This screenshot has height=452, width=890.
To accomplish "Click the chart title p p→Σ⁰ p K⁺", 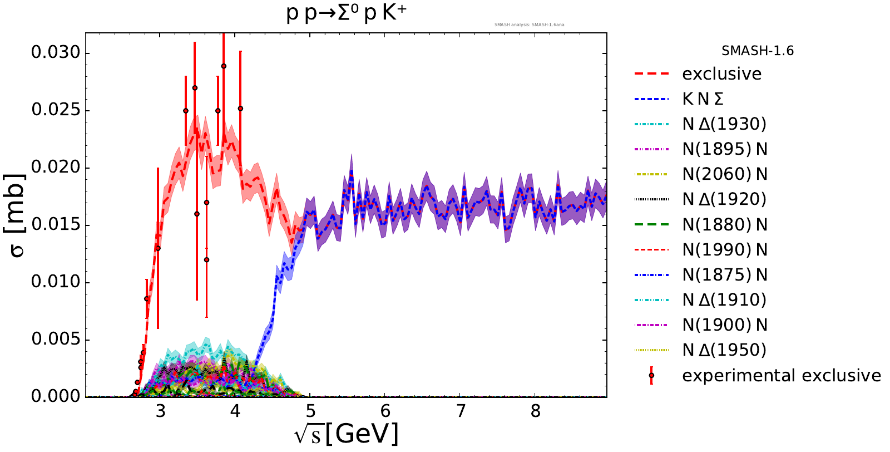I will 346,13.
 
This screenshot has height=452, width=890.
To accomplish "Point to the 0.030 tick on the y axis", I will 56,53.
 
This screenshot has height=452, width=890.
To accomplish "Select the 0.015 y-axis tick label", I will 56,225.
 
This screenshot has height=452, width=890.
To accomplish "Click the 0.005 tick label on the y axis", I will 56,340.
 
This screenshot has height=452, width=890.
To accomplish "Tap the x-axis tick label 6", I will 385,411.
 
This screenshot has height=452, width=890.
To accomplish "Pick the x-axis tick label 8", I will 535,411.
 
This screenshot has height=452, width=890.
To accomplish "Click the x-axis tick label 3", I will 160,411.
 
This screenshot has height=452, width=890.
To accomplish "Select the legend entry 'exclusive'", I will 721,74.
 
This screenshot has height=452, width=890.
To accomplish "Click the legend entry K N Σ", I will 703,99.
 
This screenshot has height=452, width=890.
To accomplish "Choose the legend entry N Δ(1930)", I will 724,124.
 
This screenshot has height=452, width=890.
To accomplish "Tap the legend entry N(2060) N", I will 725,174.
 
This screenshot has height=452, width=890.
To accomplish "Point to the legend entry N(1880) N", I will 725,224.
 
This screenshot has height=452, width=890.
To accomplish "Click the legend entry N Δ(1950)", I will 724,350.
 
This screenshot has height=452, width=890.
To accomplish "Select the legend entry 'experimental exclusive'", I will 781,376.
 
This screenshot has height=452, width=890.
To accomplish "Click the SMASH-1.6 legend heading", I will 758,51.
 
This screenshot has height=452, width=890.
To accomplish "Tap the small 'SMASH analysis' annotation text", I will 529,24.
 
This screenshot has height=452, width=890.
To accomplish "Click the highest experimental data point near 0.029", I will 224,66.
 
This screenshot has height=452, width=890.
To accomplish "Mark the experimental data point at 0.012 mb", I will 206,260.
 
